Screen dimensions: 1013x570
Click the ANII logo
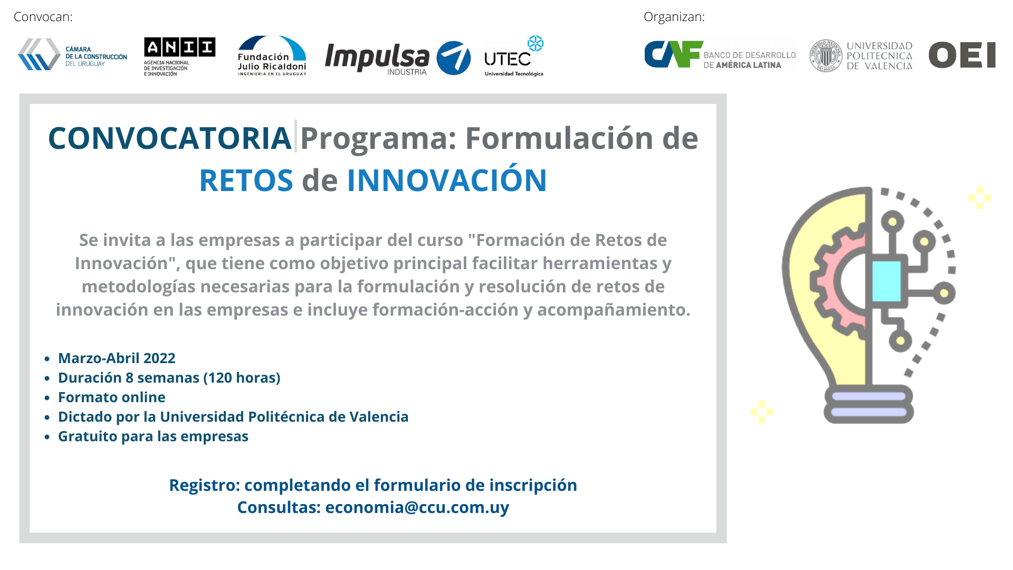179,56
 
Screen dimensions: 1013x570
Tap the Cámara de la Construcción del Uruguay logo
72,54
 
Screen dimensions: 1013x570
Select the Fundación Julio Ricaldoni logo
272,55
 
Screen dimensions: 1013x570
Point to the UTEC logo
514,56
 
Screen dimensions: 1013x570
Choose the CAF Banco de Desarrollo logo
720,54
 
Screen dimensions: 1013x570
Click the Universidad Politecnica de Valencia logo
861,55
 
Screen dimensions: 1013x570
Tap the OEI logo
962,55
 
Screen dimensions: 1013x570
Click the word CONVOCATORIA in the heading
170,138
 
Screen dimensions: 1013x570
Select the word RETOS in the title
246,180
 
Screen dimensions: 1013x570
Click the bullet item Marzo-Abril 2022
117,358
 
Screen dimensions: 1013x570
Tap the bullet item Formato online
112,397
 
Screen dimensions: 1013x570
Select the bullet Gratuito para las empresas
153,436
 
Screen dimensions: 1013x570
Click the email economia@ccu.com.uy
417,507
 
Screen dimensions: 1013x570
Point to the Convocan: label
43,17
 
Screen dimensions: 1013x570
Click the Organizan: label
674,17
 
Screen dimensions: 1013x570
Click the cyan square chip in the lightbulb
886,281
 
